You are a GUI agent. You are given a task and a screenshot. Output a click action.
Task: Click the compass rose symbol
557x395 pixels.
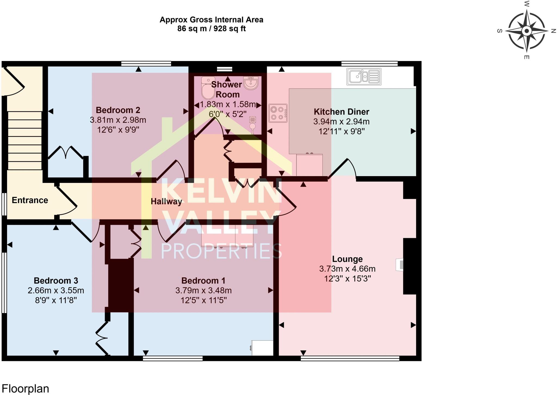(x=527, y=31)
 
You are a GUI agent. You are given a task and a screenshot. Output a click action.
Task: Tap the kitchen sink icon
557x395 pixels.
(x=364, y=76)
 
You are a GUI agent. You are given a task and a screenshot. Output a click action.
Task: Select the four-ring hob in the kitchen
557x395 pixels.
(x=278, y=113)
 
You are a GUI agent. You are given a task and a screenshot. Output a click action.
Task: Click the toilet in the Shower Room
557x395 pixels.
(x=208, y=88)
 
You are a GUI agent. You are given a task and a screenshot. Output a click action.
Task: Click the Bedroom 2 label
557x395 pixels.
(x=118, y=110)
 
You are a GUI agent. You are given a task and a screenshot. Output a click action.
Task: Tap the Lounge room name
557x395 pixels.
(x=347, y=259)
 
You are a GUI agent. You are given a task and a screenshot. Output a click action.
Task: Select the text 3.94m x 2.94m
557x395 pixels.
(x=341, y=121)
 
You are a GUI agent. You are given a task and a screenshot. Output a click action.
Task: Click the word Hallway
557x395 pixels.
(x=166, y=201)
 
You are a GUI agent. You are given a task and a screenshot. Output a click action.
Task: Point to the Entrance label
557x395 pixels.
(x=30, y=200)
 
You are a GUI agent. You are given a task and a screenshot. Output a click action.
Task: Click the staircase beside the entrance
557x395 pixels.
(x=24, y=140)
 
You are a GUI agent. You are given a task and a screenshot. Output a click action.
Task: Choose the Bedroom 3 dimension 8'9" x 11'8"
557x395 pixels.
(x=56, y=300)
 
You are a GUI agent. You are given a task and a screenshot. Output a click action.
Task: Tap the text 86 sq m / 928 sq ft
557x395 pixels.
(x=211, y=29)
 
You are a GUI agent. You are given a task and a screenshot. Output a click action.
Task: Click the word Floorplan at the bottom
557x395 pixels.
(x=25, y=388)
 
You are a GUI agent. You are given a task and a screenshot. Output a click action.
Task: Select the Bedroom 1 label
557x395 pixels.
(x=203, y=280)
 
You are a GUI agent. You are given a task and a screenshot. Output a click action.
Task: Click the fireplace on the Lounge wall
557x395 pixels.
(x=400, y=265)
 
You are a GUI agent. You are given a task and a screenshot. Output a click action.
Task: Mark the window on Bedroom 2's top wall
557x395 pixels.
(x=146, y=64)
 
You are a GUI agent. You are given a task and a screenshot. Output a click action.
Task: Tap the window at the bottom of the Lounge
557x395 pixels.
(x=350, y=359)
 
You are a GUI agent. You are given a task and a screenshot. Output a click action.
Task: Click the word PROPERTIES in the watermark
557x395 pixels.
(x=221, y=251)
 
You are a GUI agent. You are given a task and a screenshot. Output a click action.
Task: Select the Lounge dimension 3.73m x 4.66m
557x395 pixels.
(x=347, y=269)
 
